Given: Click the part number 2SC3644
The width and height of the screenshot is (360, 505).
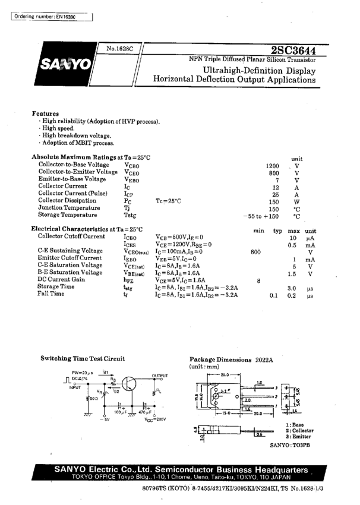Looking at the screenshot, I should (x=295, y=50).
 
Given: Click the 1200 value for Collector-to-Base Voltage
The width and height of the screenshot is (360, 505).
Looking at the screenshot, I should (x=273, y=165).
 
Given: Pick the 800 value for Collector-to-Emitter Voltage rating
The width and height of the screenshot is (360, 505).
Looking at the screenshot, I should (x=274, y=173).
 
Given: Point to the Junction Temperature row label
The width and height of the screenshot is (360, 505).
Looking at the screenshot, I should (x=68, y=208).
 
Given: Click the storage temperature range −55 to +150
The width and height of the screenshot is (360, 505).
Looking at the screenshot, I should (x=261, y=216).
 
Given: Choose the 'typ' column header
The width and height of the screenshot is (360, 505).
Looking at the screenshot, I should (x=277, y=230).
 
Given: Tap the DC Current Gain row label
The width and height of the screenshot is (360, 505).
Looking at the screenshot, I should (x=62, y=280).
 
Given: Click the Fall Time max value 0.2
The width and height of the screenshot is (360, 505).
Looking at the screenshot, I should (x=292, y=295).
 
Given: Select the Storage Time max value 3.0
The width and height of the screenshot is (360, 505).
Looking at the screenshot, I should (x=292, y=288).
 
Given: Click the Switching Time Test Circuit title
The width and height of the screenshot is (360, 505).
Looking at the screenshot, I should (x=83, y=359).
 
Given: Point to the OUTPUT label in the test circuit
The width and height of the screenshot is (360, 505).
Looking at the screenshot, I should (x=160, y=375).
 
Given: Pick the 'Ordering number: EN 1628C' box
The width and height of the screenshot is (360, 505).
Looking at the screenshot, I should (x=52, y=16).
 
